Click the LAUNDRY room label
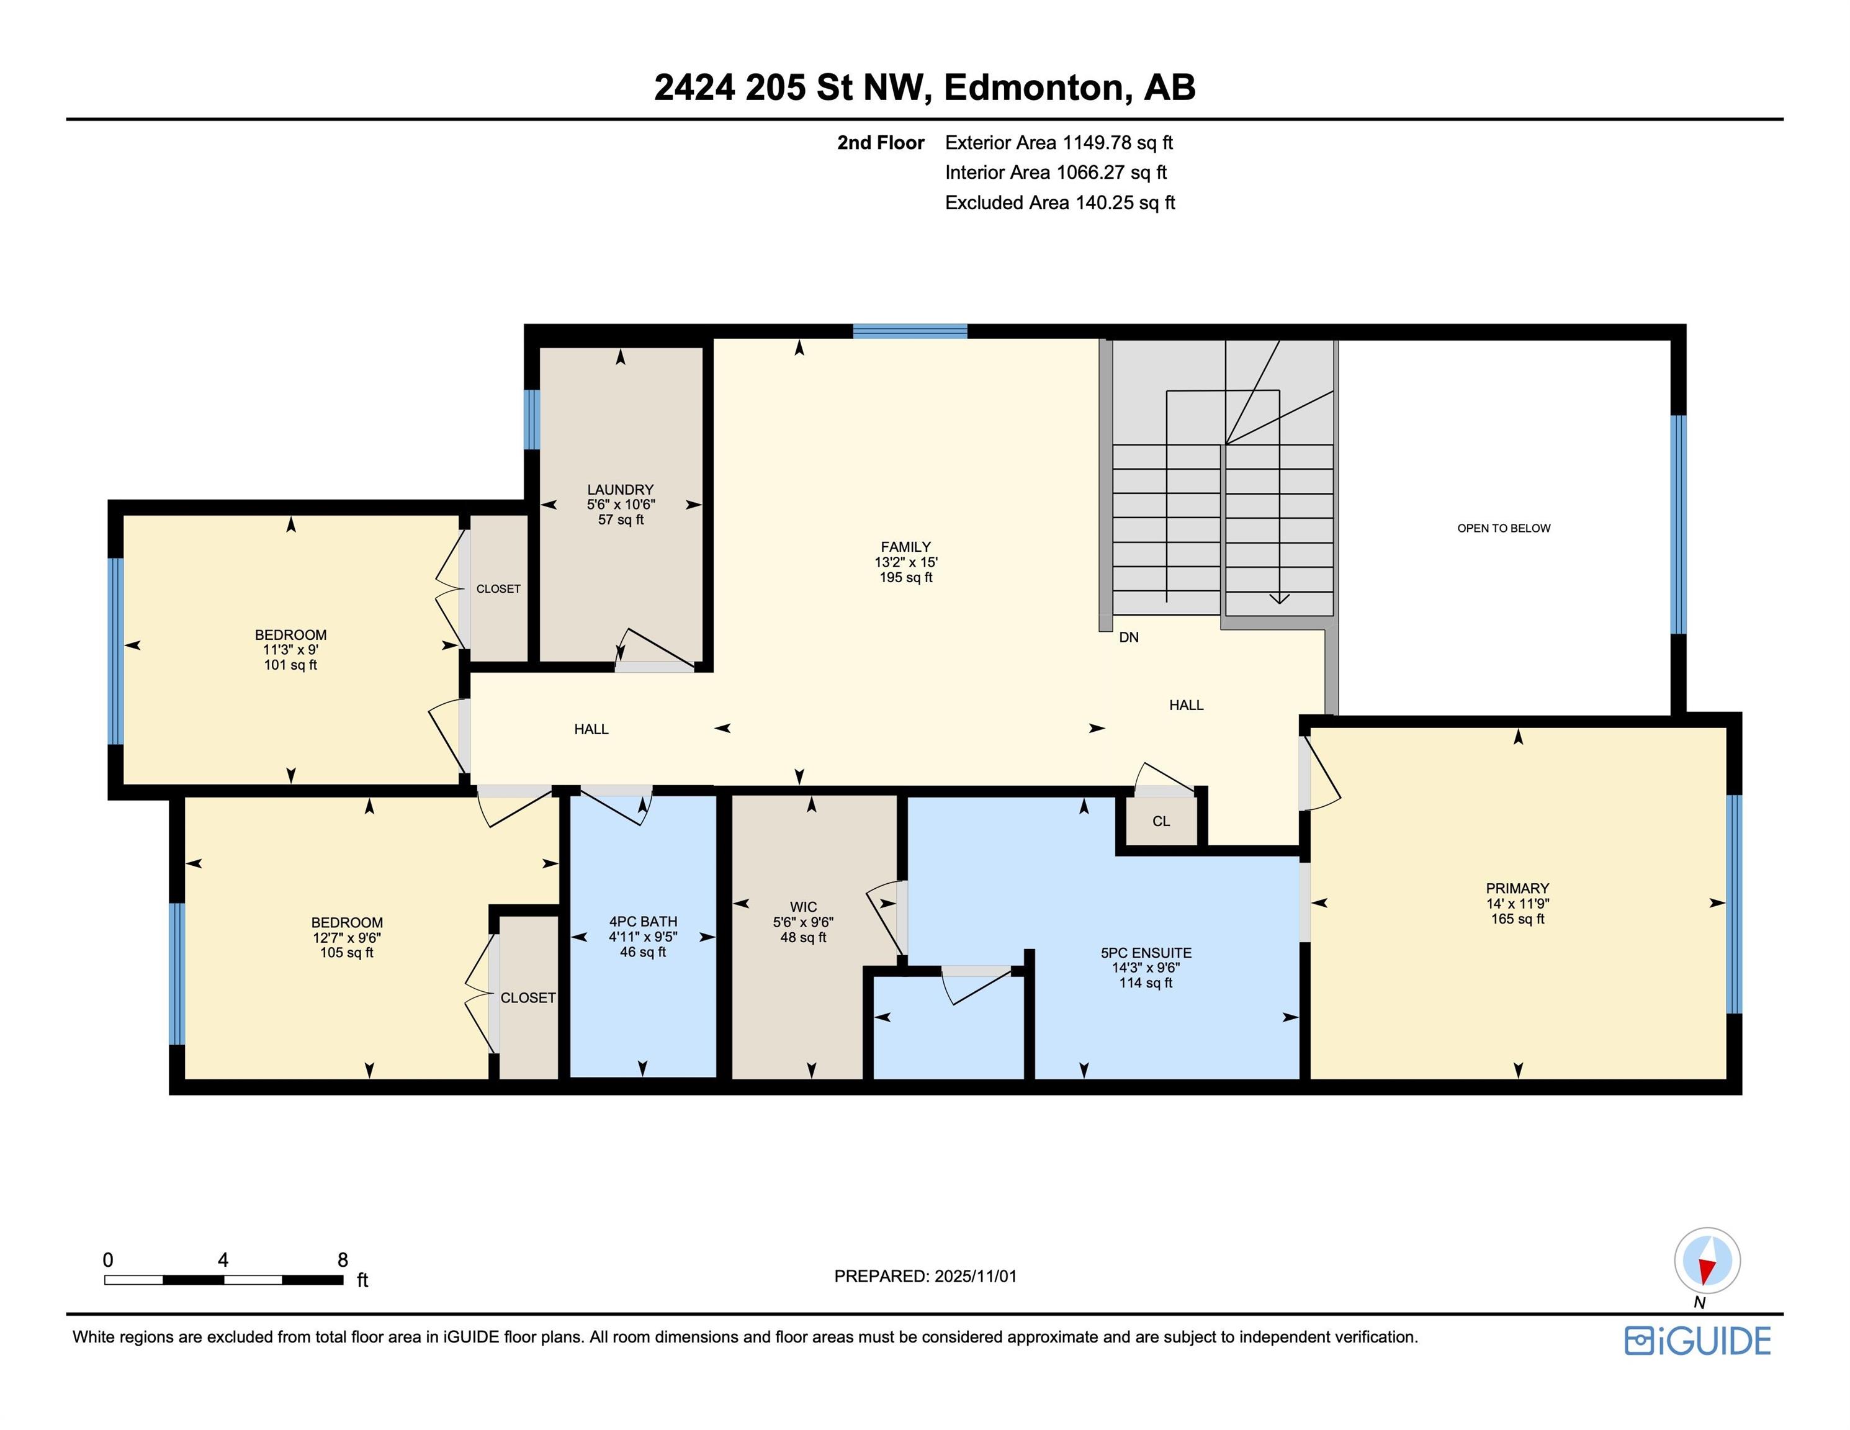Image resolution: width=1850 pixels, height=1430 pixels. pos(620,490)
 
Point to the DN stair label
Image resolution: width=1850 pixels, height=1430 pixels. pos(1128,637)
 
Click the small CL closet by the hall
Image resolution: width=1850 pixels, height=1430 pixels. pos(1161,821)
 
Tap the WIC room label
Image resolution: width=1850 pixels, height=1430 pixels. pos(803,906)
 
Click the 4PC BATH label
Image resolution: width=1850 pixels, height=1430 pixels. pos(643,922)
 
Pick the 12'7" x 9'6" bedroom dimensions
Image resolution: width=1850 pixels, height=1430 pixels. pos(346,938)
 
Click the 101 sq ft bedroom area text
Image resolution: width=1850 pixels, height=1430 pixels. pos(290,665)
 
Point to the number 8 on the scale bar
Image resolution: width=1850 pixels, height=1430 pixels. pos(342,1260)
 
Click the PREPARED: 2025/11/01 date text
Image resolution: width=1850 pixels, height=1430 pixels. pos(925,1276)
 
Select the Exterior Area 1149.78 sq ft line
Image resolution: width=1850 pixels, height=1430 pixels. pos(1058,142)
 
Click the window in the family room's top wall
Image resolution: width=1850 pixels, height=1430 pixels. pos(909,331)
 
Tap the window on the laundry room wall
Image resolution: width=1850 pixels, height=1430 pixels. pos(531,420)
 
